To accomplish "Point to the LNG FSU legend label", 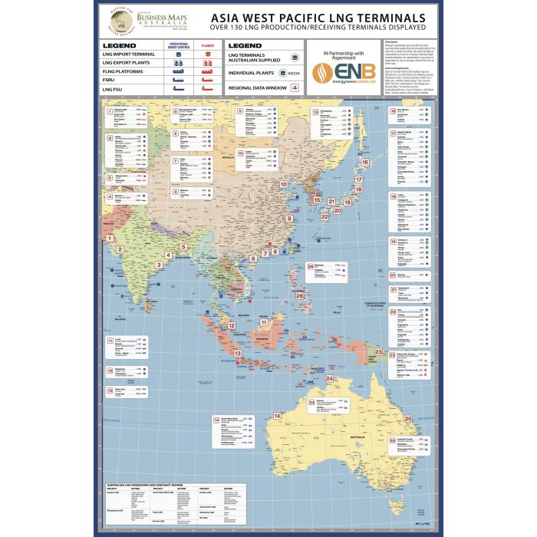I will pyautogui.click(x=112, y=90).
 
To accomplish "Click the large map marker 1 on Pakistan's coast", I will pyautogui.click(x=110, y=238).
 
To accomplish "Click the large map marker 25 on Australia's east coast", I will pyautogui.click(x=409, y=418).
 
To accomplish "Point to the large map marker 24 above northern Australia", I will pyautogui.click(x=329, y=378).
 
